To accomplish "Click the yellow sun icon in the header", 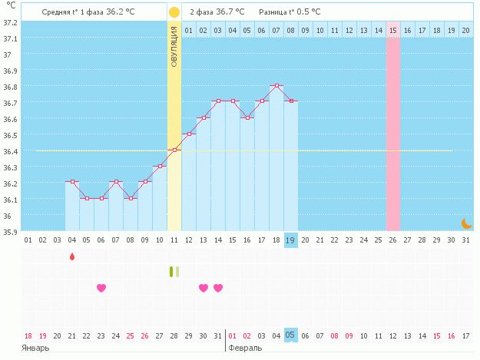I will (x=174, y=12).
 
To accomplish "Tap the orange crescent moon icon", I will (x=466, y=223).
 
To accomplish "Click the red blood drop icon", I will (x=72, y=256).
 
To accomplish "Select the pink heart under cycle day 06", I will (x=101, y=288).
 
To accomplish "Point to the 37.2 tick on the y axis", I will (x=10, y=22).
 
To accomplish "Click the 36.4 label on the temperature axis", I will (x=10, y=151).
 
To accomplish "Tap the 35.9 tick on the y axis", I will (x=10, y=231).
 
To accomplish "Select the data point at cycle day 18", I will (x=276, y=85).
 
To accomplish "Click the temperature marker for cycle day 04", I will (x=72, y=182).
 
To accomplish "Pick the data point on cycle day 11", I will (x=174, y=150).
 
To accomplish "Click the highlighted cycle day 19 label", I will (x=291, y=240).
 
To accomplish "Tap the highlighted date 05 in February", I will (x=291, y=335).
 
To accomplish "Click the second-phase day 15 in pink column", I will (x=392, y=30).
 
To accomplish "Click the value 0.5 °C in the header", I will (x=307, y=12).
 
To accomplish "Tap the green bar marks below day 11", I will (x=174, y=271).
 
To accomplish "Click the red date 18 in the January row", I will (x=28, y=335).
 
